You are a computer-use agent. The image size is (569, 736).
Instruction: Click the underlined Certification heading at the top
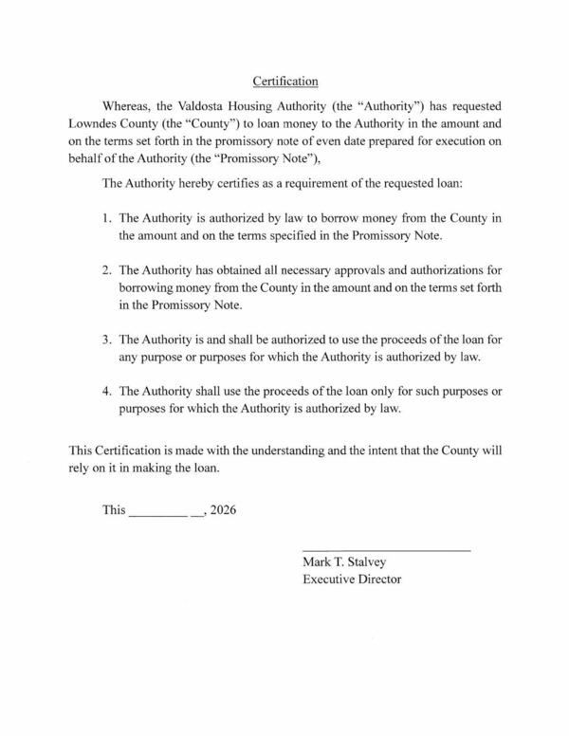click(285, 82)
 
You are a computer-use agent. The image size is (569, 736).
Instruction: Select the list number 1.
click(107, 218)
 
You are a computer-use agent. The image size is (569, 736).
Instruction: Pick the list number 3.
click(107, 340)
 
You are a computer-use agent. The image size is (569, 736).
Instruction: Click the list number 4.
click(107, 393)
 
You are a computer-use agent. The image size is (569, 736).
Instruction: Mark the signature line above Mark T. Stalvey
click(386, 551)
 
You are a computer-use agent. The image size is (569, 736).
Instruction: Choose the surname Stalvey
click(376, 561)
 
